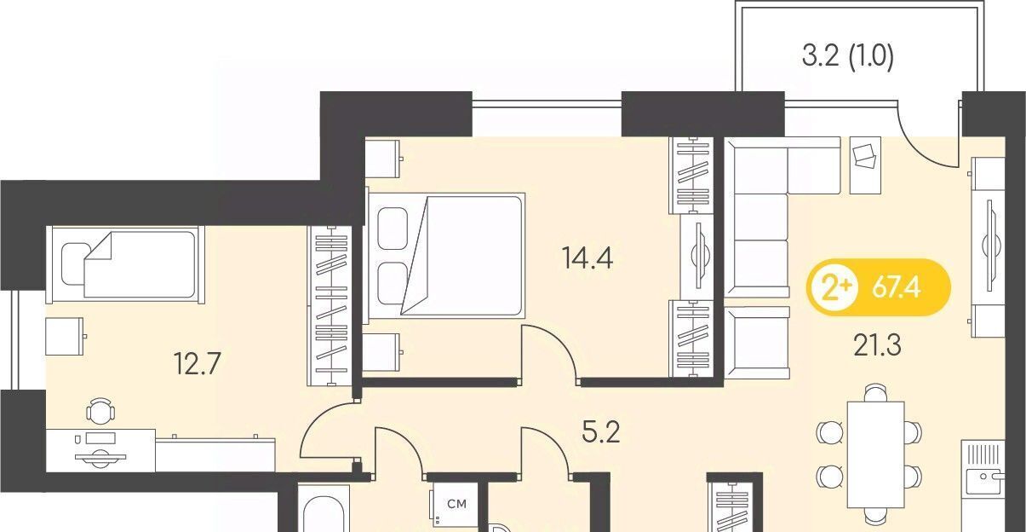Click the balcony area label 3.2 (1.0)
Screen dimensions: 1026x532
coord(848,57)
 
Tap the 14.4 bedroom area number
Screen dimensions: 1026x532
coord(588,258)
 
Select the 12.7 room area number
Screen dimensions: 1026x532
coord(198,364)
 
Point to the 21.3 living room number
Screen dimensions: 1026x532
coord(878,345)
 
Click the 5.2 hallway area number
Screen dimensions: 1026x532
coord(601,431)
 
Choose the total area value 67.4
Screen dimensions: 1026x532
coord(897,288)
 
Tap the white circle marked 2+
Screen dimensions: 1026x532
coord(831,288)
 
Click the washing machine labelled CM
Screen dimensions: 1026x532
coord(452,506)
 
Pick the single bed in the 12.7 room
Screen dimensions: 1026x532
coord(125,264)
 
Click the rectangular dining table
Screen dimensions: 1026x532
coord(876,454)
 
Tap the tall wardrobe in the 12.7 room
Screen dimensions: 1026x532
coord(330,305)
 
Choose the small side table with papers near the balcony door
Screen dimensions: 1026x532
coord(865,165)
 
